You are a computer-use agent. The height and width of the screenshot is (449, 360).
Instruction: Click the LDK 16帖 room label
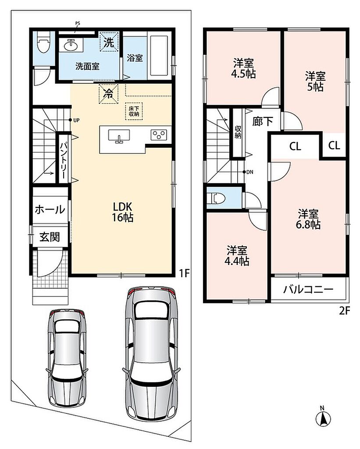123,212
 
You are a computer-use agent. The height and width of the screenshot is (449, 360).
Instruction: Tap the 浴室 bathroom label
135,58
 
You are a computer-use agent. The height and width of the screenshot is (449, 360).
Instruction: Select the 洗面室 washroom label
87,67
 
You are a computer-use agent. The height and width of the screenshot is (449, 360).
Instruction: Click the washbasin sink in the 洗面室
71,45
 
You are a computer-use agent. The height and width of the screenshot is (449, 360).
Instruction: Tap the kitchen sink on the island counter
119,136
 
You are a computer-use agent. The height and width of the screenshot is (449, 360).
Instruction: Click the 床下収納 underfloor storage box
134,111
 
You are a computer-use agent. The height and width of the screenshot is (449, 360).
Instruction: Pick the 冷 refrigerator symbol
108,94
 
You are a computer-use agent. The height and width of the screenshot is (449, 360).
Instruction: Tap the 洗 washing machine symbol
109,42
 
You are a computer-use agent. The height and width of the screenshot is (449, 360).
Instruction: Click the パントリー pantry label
64,159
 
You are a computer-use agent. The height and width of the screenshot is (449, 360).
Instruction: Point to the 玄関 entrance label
50,237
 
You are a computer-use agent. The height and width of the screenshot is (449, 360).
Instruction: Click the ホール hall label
50,210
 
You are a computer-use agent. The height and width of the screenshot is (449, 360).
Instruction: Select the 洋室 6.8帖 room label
308,219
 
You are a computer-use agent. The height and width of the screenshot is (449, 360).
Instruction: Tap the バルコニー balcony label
308,289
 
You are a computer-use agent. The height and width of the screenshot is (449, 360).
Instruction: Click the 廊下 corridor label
263,121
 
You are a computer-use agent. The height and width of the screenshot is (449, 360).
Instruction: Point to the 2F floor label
345,311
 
